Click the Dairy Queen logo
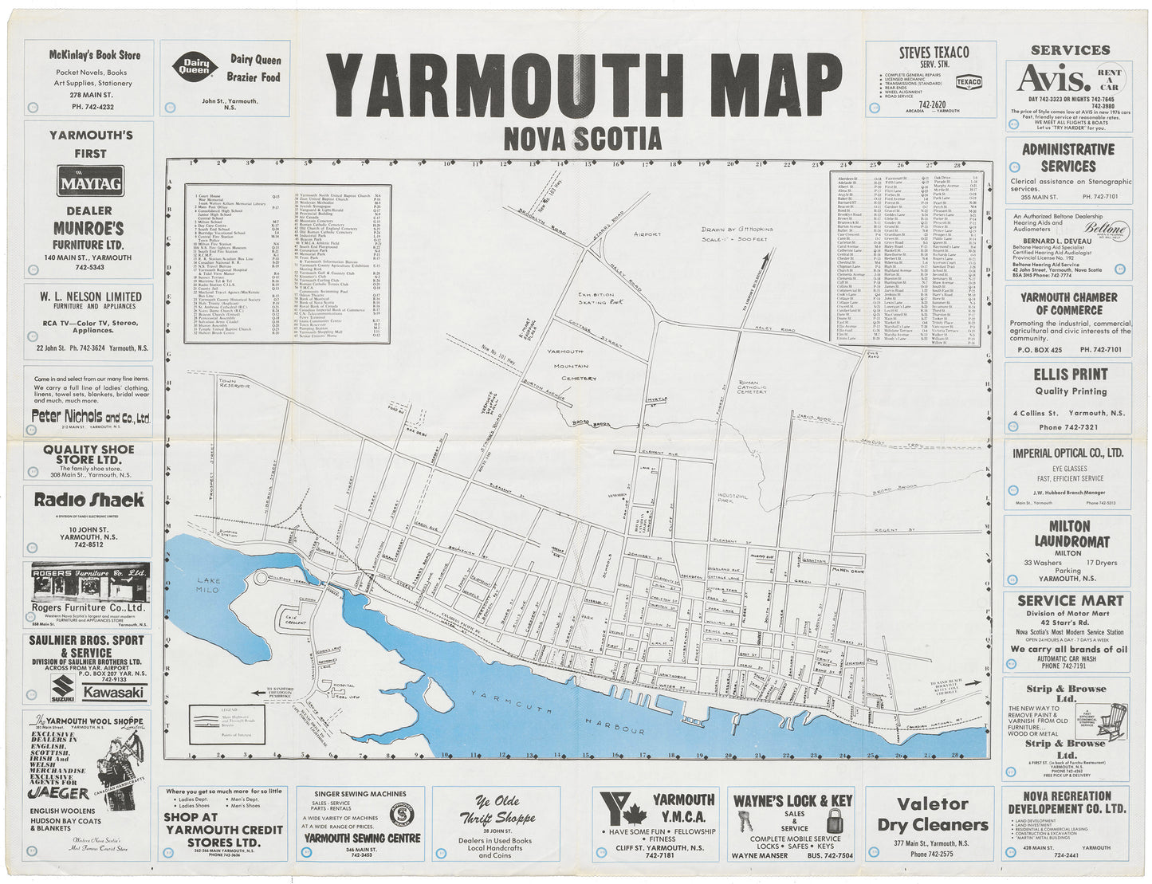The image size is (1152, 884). click(194, 66)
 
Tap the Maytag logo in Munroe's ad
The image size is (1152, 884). click(90, 182)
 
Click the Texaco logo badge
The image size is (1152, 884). click(969, 82)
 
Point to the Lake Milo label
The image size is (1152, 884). click(209, 586)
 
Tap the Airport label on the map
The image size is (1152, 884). click(647, 234)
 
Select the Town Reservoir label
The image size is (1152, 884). click(234, 384)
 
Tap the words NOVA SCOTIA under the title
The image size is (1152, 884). click(582, 139)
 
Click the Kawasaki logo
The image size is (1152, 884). click(114, 692)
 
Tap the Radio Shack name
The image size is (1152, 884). click(88, 501)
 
